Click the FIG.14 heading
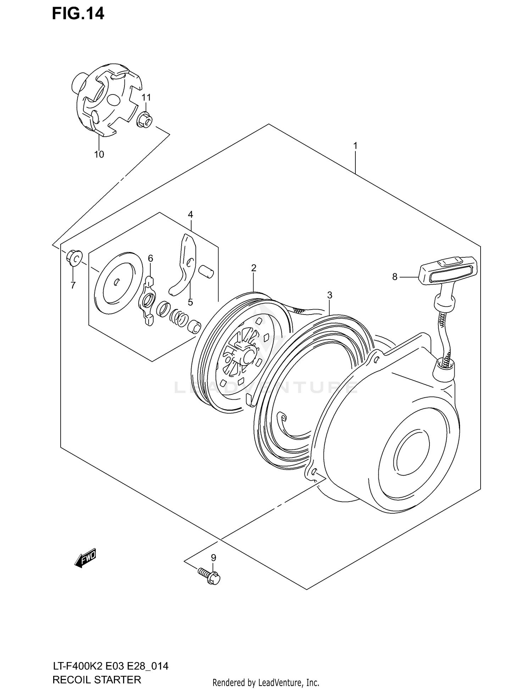point(78,13)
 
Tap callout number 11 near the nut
point(146,98)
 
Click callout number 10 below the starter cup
point(99,154)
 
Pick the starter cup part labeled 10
point(106,103)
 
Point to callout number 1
point(355,146)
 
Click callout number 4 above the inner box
point(190,214)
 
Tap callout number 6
point(150,258)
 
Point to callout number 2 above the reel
point(254,268)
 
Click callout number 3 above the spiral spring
point(329,295)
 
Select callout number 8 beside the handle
point(395,277)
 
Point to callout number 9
point(213,558)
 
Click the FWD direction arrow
point(85,559)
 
